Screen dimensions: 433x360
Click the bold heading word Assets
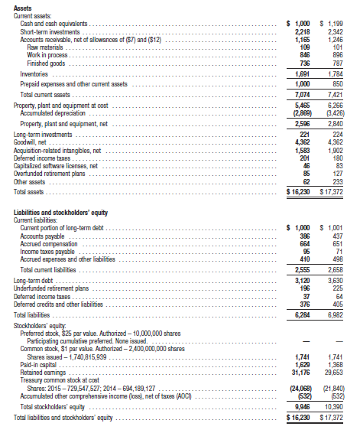pos(24,7)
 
